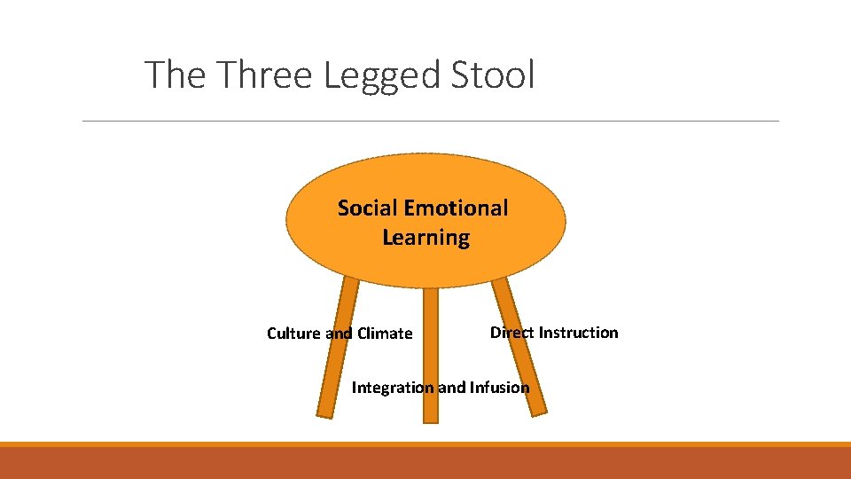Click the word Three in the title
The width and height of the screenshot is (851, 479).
coord(266,75)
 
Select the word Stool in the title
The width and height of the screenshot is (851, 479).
coord(493,75)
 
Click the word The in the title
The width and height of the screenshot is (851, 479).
coord(176,75)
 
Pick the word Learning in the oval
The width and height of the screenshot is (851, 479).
coord(425,238)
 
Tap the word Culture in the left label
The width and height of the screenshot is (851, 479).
coord(294,334)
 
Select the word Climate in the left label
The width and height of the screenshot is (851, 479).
coord(384,334)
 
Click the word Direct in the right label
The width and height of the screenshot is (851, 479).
coord(511,333)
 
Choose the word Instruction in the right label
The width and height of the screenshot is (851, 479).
coord(579,333)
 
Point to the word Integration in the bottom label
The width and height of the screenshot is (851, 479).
coord(393,388)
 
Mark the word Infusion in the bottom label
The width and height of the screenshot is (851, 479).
coord(498,388)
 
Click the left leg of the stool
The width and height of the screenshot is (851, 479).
coord(329,373)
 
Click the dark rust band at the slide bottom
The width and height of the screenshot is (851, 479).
coord(425,464)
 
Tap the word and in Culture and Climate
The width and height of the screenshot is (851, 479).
coord(339,334)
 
